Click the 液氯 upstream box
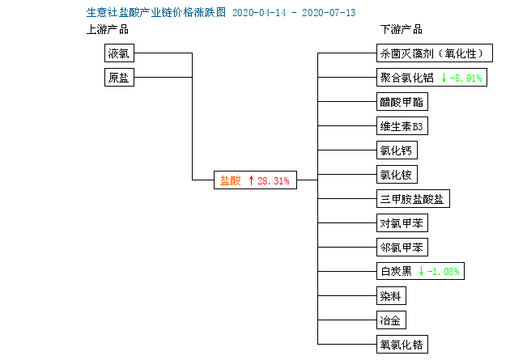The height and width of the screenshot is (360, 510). pos(119,53)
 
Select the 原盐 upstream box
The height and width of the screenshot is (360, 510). pos(119,78)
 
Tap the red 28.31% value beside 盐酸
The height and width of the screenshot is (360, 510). pos(274,180)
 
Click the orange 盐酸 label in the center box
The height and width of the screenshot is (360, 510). pos(230,180)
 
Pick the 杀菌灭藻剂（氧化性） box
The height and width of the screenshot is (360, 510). pos(435,53)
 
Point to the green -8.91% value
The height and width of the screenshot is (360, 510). pos(465,78)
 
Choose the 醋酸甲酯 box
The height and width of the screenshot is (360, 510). pos(402,102)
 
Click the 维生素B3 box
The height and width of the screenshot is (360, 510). pos(402,125)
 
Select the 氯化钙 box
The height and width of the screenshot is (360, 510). pos(397,150)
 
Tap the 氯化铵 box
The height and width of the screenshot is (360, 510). pos(397,175)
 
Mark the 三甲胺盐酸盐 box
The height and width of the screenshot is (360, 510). pos(413,198)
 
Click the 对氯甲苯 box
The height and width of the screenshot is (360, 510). pos(402,223)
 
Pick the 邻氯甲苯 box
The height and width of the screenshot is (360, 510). pos(402,248)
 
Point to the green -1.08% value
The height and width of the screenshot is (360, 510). pos(443,271)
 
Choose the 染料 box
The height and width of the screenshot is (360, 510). pos(391,295)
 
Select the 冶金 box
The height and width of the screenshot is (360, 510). pos(391,320)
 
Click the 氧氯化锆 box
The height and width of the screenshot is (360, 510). pos(402,345)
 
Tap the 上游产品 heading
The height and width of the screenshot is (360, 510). pos(108,30)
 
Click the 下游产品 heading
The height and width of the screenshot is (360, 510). pos(402,30)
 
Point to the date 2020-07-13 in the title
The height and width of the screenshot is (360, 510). pos(329,13)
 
